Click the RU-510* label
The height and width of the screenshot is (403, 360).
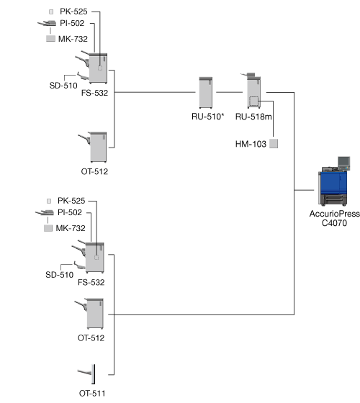click(208, 117)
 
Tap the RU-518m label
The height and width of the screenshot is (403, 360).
click(253, 117)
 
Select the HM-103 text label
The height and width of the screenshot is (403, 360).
click(251, 144)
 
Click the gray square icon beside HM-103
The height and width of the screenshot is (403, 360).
click(274, 144)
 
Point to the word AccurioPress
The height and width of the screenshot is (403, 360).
click(335, 214)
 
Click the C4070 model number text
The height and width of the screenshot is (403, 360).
click(334, 223)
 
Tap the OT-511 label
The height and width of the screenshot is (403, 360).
click(92, 394)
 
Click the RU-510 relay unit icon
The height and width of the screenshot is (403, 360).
click(206, 93)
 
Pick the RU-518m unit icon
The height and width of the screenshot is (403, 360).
click(253, 91)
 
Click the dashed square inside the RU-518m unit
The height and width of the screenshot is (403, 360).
click(253, 101)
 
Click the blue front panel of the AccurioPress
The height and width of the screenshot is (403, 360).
click(333, 183)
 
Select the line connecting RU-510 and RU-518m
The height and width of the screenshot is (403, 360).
click(230, 92)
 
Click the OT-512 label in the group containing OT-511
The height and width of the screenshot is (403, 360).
click(91, 338)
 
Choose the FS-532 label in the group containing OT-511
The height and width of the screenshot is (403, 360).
click(91, 282)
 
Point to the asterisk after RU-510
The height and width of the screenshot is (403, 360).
click(222, 115)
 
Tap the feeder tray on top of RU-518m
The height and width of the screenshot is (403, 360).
click(248, 75)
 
